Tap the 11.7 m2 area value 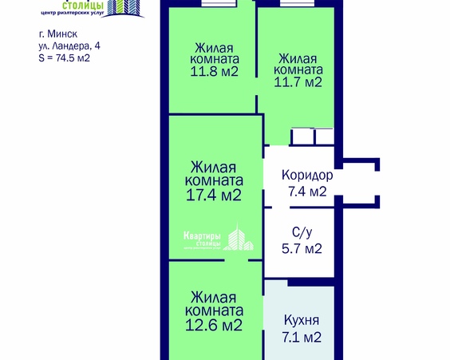[299, 81]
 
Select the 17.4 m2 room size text [215, 194]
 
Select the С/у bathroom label [302, 233]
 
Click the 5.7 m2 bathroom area [302, 249]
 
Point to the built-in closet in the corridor [313, 136]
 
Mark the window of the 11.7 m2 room [300, 3]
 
